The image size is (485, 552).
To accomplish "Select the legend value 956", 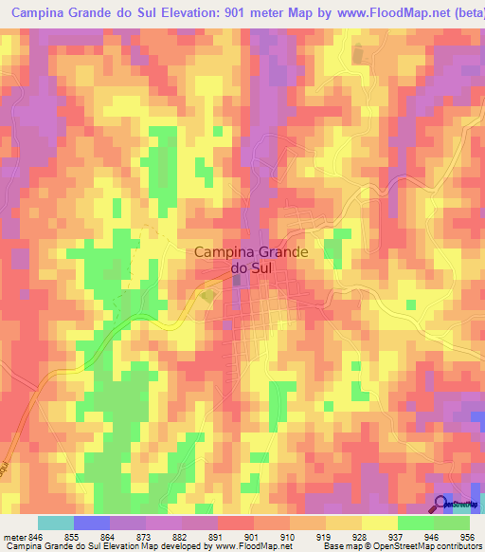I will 467,535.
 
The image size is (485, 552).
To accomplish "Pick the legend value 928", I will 340,535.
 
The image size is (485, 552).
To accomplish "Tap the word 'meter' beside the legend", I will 13,535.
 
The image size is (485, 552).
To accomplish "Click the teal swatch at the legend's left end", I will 56,523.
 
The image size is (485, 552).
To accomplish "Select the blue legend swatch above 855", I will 92,523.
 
